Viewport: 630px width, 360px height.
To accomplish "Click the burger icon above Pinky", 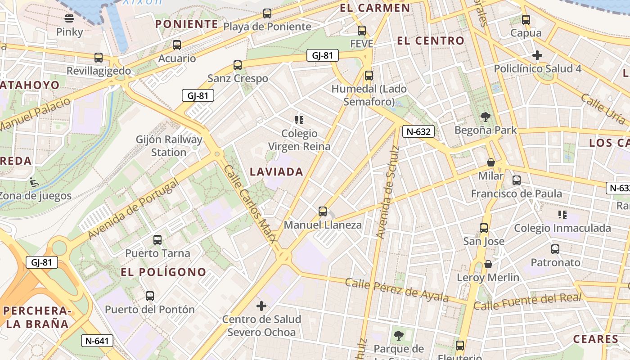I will point(69,18).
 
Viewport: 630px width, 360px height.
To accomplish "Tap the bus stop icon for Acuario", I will point(177,45).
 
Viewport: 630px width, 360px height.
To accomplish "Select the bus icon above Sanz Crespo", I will point(238,65).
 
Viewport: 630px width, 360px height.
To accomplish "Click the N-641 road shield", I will point(97,341).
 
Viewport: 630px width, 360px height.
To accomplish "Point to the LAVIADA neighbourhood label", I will point(276,171).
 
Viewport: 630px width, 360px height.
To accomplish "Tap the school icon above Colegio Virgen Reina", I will point(299,120).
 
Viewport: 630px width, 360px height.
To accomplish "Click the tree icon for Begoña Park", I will point(486,117).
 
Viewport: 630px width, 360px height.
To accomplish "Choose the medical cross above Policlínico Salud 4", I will point(537,56).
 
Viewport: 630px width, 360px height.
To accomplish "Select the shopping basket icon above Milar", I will point(491,162).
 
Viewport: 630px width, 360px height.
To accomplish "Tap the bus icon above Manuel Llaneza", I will point(323,211).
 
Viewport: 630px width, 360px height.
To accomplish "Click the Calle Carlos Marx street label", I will point(250,204).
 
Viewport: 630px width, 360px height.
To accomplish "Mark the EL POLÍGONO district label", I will point(163,272).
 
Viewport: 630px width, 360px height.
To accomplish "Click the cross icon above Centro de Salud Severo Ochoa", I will point(261,306).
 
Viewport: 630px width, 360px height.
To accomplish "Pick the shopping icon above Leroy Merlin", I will point(488,264).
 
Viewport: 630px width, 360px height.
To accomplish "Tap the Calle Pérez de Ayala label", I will point(397,290).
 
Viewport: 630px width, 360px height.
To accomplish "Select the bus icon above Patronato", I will point(555,249).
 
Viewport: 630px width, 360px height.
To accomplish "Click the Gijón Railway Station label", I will point(169,146).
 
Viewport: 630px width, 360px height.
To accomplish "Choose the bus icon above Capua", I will point(526,20).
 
